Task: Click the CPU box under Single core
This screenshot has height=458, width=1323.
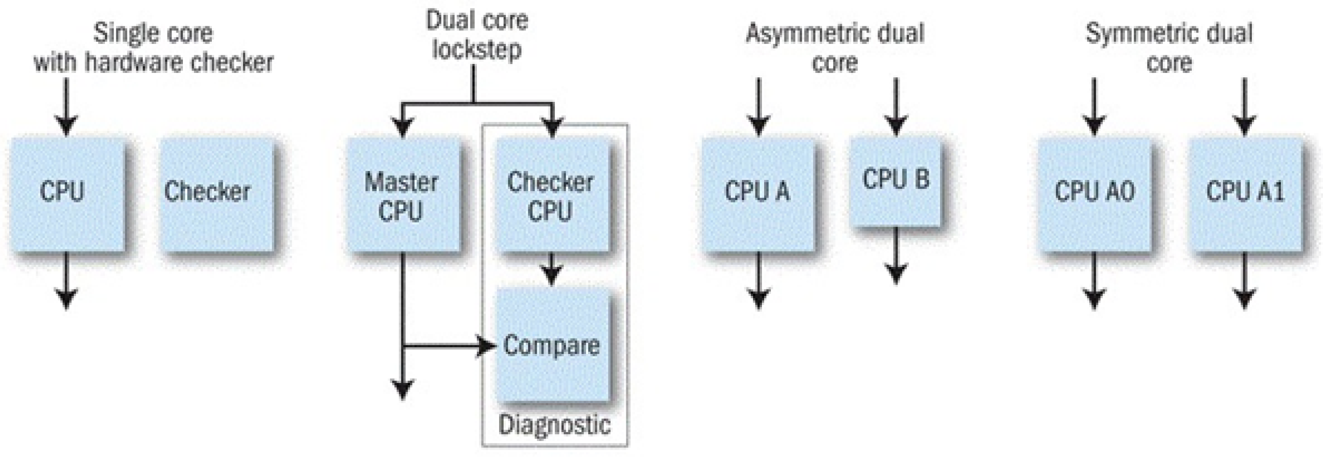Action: [x=67, y=194]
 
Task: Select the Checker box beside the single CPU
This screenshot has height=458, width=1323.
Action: [x=217, y=194]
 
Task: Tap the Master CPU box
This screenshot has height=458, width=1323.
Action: [x=403, y=195]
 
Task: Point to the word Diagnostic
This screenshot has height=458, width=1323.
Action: [x=554, y=425]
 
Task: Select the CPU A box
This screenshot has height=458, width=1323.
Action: [x=758, y=194]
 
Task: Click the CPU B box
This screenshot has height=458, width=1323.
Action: [x=896, y=180]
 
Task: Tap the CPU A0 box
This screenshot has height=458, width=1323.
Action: [x=1094, y=194]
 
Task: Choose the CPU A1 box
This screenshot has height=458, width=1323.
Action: [x=1245, y=194]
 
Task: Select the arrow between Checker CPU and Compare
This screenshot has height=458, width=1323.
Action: [x=551, y=270]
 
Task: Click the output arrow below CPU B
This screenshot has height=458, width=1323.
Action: [x=896, y=257]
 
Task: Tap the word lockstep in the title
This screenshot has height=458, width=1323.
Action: [x=477, y=49]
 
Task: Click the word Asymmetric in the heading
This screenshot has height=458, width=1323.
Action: [x=801, y=34]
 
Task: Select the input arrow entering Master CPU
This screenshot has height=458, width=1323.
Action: [x=403, y=123]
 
